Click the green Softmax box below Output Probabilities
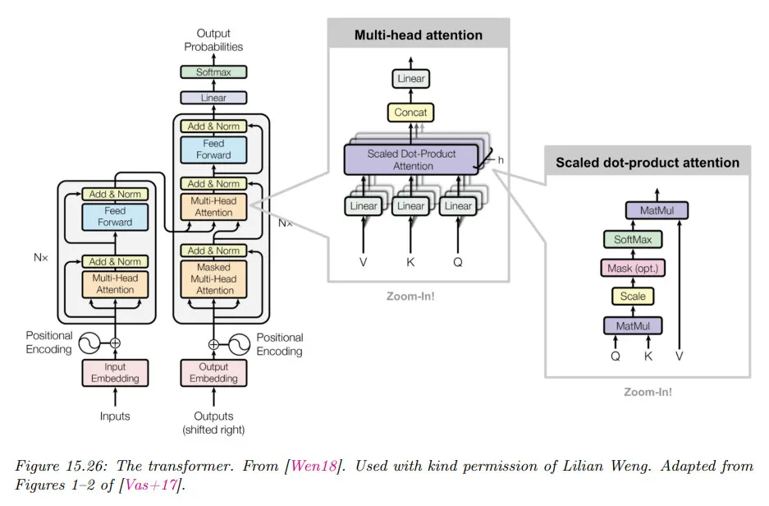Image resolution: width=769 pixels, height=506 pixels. pyautogui.click(x=213, y=72)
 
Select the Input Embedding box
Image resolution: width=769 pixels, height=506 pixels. pyautogui.click(x=115, y=372)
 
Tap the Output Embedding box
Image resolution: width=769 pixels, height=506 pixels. pyautogui.click(x=213, y=372)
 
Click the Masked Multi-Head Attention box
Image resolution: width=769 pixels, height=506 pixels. pyautogui.click(x=213, y=278)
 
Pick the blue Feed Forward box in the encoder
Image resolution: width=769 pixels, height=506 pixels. pyautogui.click(x=115, y=217)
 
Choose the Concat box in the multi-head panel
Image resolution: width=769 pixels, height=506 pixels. pyautogui.click(x=410, y=112)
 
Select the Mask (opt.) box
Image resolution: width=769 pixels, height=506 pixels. pyautogui.click(x=633, y=268)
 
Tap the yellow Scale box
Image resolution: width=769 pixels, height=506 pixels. pyautogui.click(x=633, y=296)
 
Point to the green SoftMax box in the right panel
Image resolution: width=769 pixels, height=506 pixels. pyautogui.click(x=633, y=240)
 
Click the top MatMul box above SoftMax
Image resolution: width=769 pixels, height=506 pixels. pyautogui.click(x=656, y=211)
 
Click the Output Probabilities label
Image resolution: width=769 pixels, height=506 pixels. pyautogui.click(x=213, y=40)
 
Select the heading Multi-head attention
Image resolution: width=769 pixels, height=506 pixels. pyautogui.click(x=418, y=35)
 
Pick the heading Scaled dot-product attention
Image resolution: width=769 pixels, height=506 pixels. pyautogui.click(x=647, y=162)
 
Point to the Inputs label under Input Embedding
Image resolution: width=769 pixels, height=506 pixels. pyautogui.click(x=115, y=416)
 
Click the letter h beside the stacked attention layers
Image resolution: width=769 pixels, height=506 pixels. pyautogui.click(x=501, y=159)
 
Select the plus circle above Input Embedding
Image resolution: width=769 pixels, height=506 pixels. pyautogui.click(x=115, y=343)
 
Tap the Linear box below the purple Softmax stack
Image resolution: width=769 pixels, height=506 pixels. pyautogui.click(x=213, y=98)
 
